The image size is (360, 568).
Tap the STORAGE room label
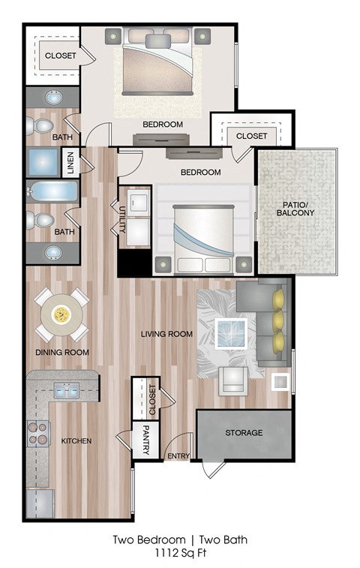tap(244, 433)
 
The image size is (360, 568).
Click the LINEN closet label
tap(70, 162)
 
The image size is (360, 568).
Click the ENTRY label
tap(178, 456)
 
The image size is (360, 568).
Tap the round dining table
tap(61, 312)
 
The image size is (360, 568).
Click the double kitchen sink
tap(67, 390)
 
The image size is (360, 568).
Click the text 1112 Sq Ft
tap(179, 554)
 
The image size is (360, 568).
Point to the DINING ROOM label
tap(62, 352)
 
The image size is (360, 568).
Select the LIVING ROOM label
tap(166, 334)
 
